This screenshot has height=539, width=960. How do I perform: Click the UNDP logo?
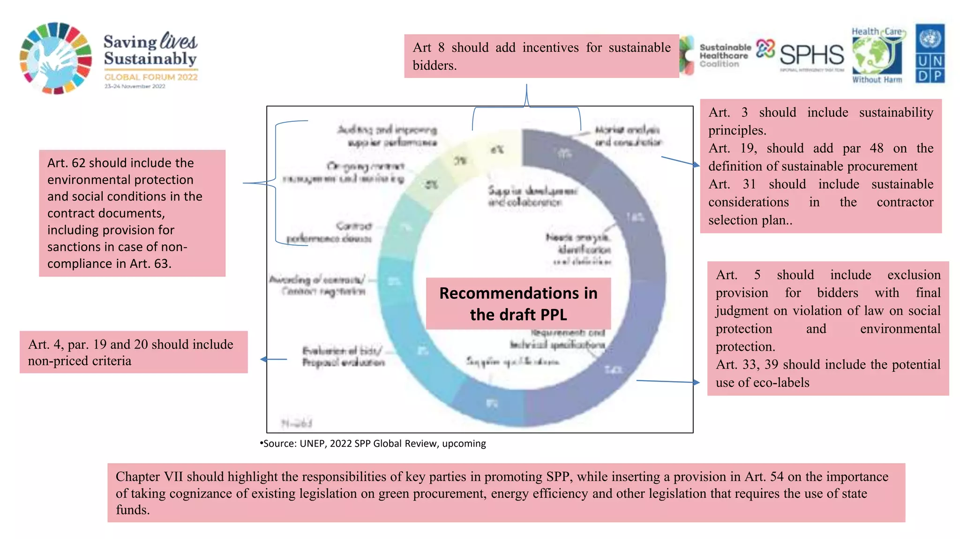pos(930,54)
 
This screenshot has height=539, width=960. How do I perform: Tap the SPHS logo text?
pos(811,55)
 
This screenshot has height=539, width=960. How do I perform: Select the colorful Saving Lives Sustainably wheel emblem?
pos(56,58)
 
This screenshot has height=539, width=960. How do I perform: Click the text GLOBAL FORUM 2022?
pos(151,77)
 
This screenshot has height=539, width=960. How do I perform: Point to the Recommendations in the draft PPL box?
pos(518,303)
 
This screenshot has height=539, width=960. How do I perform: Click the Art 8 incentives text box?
pos(541,56)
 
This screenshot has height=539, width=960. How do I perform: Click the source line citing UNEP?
pos(374,443)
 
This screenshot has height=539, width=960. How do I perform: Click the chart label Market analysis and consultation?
pos(627,136)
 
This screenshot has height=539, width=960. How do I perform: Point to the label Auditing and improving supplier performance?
pos(387,136)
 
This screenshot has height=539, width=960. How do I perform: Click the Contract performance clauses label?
pos(330,232)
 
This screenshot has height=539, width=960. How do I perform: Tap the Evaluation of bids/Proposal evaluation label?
pos(343,356)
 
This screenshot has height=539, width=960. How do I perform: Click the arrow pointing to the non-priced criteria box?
pos(273,359)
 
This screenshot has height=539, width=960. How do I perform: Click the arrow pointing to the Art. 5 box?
pos(668,382)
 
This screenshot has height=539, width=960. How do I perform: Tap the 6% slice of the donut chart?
pos(498,150)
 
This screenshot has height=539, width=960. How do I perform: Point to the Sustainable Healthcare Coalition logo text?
pos(725,55)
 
